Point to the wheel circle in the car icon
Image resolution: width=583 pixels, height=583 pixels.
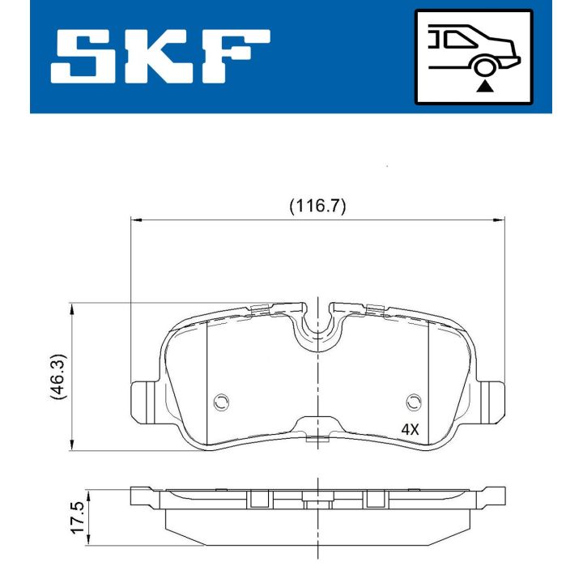pyautogui.click(x=485, y=67)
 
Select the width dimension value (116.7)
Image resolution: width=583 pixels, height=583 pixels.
pyautogui.click(x=317, y=206)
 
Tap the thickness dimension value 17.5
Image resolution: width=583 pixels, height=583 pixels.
pyautogui.click(x=78, y=516)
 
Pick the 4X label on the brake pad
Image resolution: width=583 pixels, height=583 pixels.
pyautogui.click(x=410, y=430)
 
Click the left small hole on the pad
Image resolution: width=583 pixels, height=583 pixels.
pyautogui.click(x=220, y=402)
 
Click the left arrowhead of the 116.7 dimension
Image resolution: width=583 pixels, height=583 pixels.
pyautogui.click(x=137, y=219)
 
